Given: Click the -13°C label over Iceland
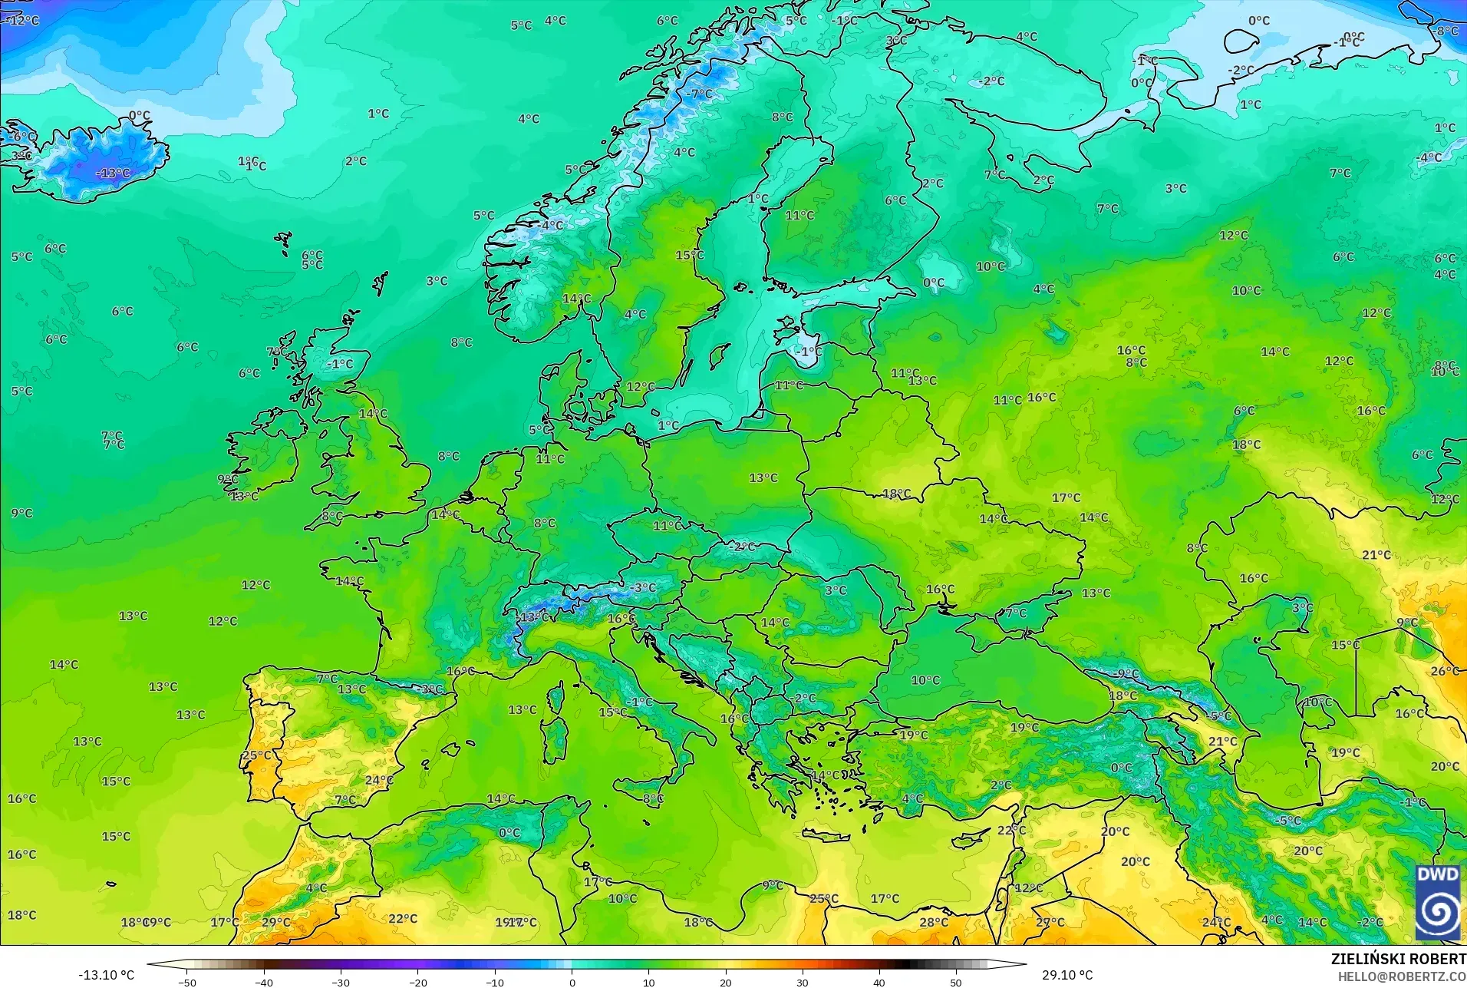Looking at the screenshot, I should (113, 173).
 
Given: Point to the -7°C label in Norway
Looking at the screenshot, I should (700, 94).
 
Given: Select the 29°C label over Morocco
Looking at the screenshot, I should (276, 922).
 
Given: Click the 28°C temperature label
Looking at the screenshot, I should (934, 922).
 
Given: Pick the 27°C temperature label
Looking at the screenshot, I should (1050, 922).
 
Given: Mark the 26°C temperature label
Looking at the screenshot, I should (1445, 671).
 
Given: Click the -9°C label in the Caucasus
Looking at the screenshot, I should (1126, 674).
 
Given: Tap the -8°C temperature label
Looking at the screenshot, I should (1446, 31).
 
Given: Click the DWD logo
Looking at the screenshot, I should (1437, 903).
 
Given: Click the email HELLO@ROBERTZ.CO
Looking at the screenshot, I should (1402, 976).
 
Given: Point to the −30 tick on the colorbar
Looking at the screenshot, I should (341, 982).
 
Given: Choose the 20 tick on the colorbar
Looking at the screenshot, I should (725, 982).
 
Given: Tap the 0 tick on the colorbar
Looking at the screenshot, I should (572, 982).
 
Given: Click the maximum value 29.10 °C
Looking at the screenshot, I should (1066, 975).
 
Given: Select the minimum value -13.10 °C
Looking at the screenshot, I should (106, 975).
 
